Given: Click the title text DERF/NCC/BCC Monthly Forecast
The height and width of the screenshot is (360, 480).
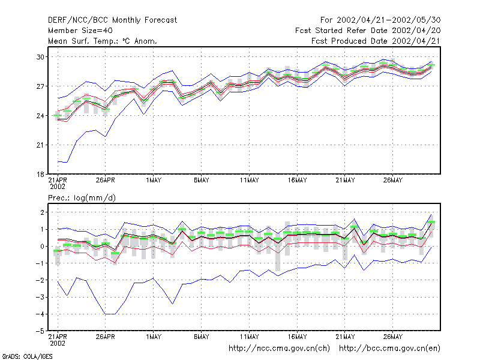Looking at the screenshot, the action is point(112,20).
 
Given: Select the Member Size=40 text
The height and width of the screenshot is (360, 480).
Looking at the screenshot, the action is point(80,31).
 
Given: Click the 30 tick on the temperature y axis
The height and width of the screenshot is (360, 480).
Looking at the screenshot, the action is point(40,57).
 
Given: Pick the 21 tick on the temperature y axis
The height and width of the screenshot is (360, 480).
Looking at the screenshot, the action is point(40,145).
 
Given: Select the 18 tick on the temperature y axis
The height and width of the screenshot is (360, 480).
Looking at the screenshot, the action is point(40,175).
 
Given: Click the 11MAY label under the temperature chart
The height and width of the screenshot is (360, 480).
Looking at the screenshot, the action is point(249,181).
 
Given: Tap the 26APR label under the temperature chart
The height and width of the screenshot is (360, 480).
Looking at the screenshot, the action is point(106,181).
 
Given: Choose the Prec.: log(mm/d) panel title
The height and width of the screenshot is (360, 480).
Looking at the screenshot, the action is point(82,198).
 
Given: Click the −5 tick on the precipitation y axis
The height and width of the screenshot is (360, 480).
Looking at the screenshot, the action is point(40,331).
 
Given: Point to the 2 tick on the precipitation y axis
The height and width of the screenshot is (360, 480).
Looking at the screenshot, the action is point(42,212).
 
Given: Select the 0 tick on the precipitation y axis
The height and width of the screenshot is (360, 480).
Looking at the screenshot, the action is point(42,247).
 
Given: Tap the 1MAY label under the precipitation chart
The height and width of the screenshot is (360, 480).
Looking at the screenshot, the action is point(154,337).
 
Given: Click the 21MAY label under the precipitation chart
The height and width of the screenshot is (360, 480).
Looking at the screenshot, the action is point(345,337).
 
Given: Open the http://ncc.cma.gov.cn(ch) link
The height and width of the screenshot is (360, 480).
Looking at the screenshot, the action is point(279,349).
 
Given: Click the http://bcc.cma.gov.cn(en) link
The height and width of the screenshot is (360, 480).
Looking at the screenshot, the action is point(389,349).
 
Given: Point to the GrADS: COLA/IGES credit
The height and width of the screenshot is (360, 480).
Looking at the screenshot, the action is point(27,356).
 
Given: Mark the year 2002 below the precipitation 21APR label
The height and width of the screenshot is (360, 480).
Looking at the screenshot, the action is point(58,343).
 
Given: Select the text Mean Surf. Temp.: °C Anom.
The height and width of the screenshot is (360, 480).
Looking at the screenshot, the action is point(103,41).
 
